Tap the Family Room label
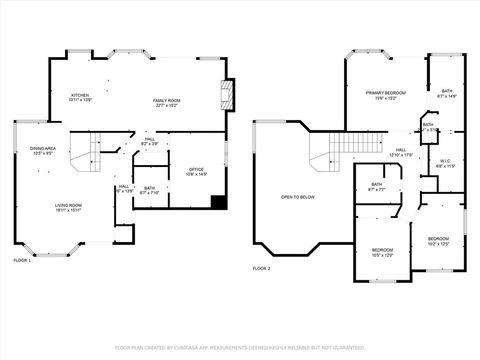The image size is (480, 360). pyautogui.click(x=166, y=103)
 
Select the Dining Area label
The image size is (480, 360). pyautogui.click(x=42, y=151)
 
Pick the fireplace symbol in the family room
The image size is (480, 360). pyautogui.click(x=228, y=95)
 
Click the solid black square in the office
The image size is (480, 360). pyautogui.click(x=218, y=203)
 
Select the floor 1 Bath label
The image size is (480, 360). pyautogui.click(x=149, y=190)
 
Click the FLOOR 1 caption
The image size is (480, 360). pyautogui.click(x=22, y=260)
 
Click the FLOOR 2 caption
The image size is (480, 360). pyautogui.click(x=262, y=269)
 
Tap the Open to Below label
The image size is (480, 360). pyautogui.click(x=298, y=197)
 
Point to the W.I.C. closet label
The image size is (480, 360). pyautogui.click(x=446, y=162)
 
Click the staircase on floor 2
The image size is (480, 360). pyautogui.click(x=323, y=153)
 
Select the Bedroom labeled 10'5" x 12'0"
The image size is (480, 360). pyautogui.click(x=383, y=252)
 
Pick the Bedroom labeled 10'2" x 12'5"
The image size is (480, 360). pyautogui.click(x=439, y=241)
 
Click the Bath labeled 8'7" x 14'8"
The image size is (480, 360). pyautogui.click(x=446, y=94)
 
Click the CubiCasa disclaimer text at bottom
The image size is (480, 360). pyautogui.click(x=240, y=347)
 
